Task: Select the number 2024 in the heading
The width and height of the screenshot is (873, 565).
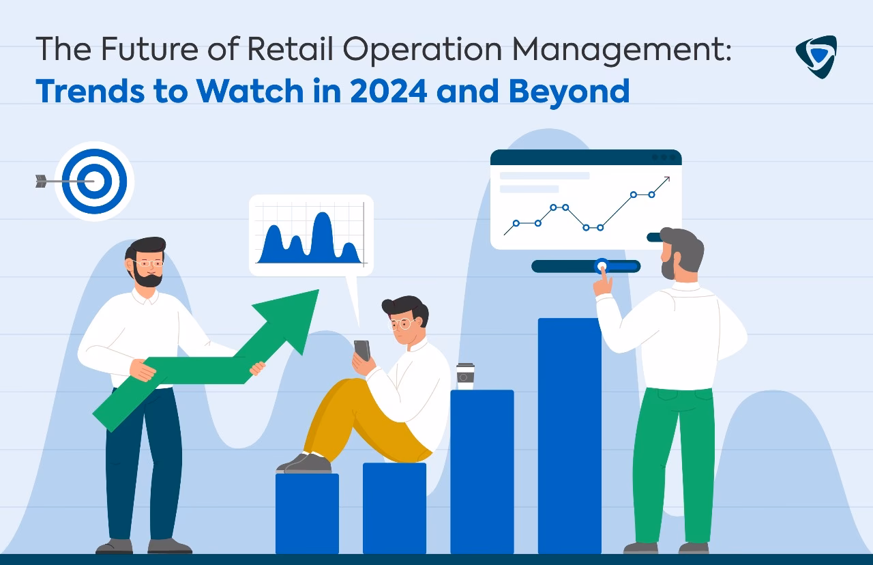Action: click(x=388, y=91)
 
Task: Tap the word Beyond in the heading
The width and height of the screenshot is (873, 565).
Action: click(x=569, y=91)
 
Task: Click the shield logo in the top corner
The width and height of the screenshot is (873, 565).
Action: click(x=816, y=56)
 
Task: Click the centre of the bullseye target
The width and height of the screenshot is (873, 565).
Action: click(x=94, y=181)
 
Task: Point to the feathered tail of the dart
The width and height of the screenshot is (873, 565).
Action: click(x=41, y=181)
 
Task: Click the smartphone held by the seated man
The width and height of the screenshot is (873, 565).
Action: click(x=361, y=350)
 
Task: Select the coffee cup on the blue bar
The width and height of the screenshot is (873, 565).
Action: click(x=465, y=376)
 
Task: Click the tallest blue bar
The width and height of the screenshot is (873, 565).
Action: click(x=569, y=437)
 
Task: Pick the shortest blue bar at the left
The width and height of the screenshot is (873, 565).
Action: click(x=307, y=513)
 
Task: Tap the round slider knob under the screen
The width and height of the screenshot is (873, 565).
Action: click(x=602, y=265)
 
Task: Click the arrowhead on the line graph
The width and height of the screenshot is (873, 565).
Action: click(x=665, y=180)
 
